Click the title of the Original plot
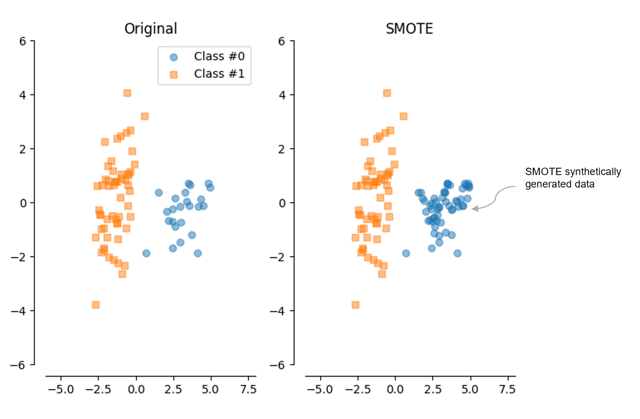(x=151, y=29)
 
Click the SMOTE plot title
(x=409, y=29)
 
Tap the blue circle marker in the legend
(x=174, y=57)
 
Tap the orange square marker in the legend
(x=174, y=75)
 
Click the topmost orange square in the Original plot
(x=127, y=93)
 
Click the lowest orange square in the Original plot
(x=96, y=305)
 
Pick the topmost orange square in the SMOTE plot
(x=387, y=93)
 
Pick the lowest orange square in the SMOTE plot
(x=356, y=305)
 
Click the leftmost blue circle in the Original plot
(x=146, y=253)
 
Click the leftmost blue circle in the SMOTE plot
(x=406, y=253)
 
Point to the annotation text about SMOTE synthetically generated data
(x=572, y=177)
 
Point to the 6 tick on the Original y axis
(x=23, y=41)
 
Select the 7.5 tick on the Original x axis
(x=248, y=389)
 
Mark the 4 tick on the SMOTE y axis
(x=282, y=95)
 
